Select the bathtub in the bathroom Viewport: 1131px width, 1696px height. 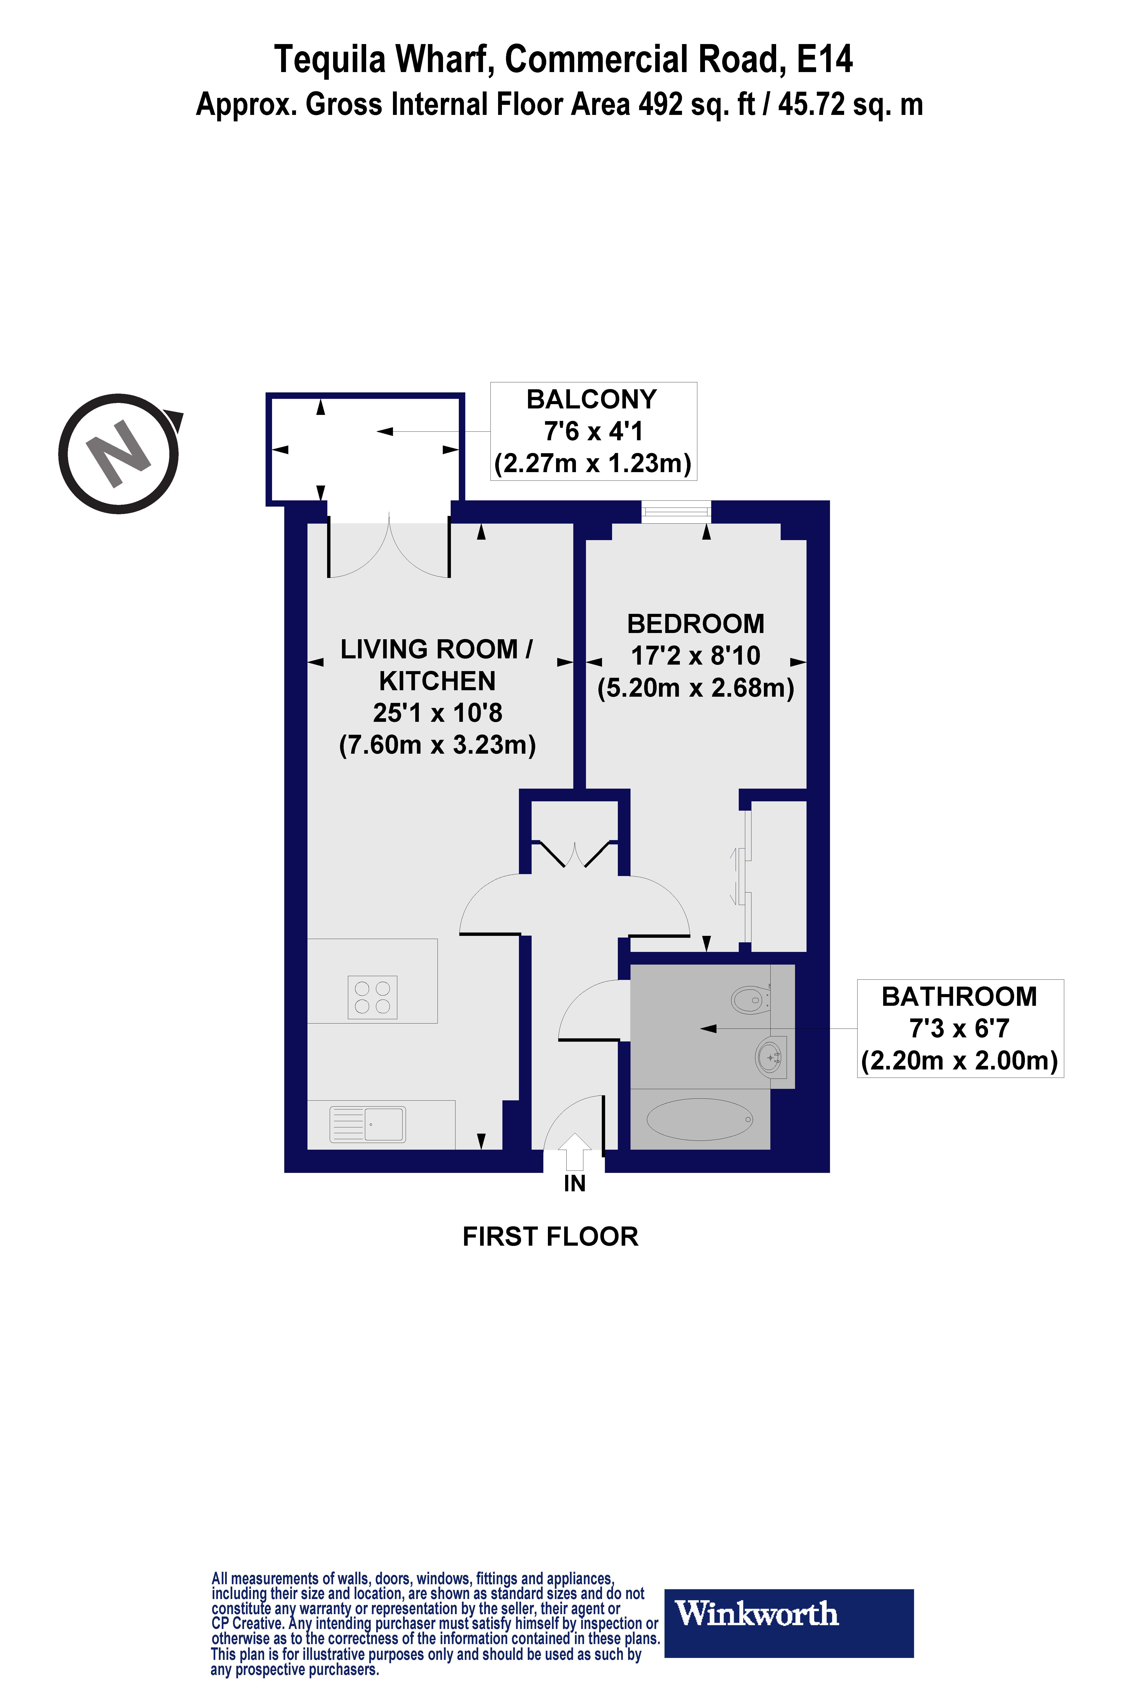tap(700, 1119)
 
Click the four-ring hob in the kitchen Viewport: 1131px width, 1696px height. tap(372, 997)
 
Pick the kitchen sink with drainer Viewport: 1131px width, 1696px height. tap(368, 1124)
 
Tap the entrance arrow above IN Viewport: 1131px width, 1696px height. tap(574, 1151)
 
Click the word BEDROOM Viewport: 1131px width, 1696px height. tap(695, 624)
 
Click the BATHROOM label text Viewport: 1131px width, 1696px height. tap(959, 996)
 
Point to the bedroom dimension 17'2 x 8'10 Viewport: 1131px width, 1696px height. tap(695, 656)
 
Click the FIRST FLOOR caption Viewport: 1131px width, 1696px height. tap(550, 1237)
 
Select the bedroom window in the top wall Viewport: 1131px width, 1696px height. tap(676, 512)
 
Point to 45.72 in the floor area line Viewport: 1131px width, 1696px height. tap(811, 105)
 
